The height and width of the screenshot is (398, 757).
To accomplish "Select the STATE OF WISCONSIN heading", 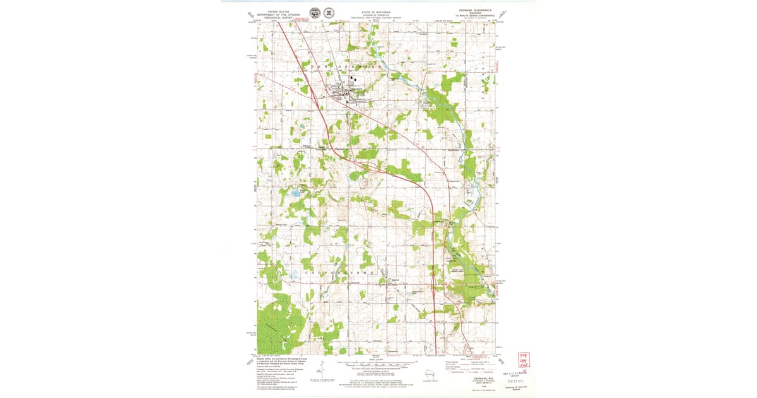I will [x=375, y=12].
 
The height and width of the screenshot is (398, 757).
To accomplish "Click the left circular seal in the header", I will [x=314, y=13].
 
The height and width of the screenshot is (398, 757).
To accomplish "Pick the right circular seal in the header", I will [x=329, y=13].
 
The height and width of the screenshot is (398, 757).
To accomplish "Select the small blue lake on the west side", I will [x=295, y=193].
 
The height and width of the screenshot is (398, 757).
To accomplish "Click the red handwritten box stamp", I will [x=524, y=360].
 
